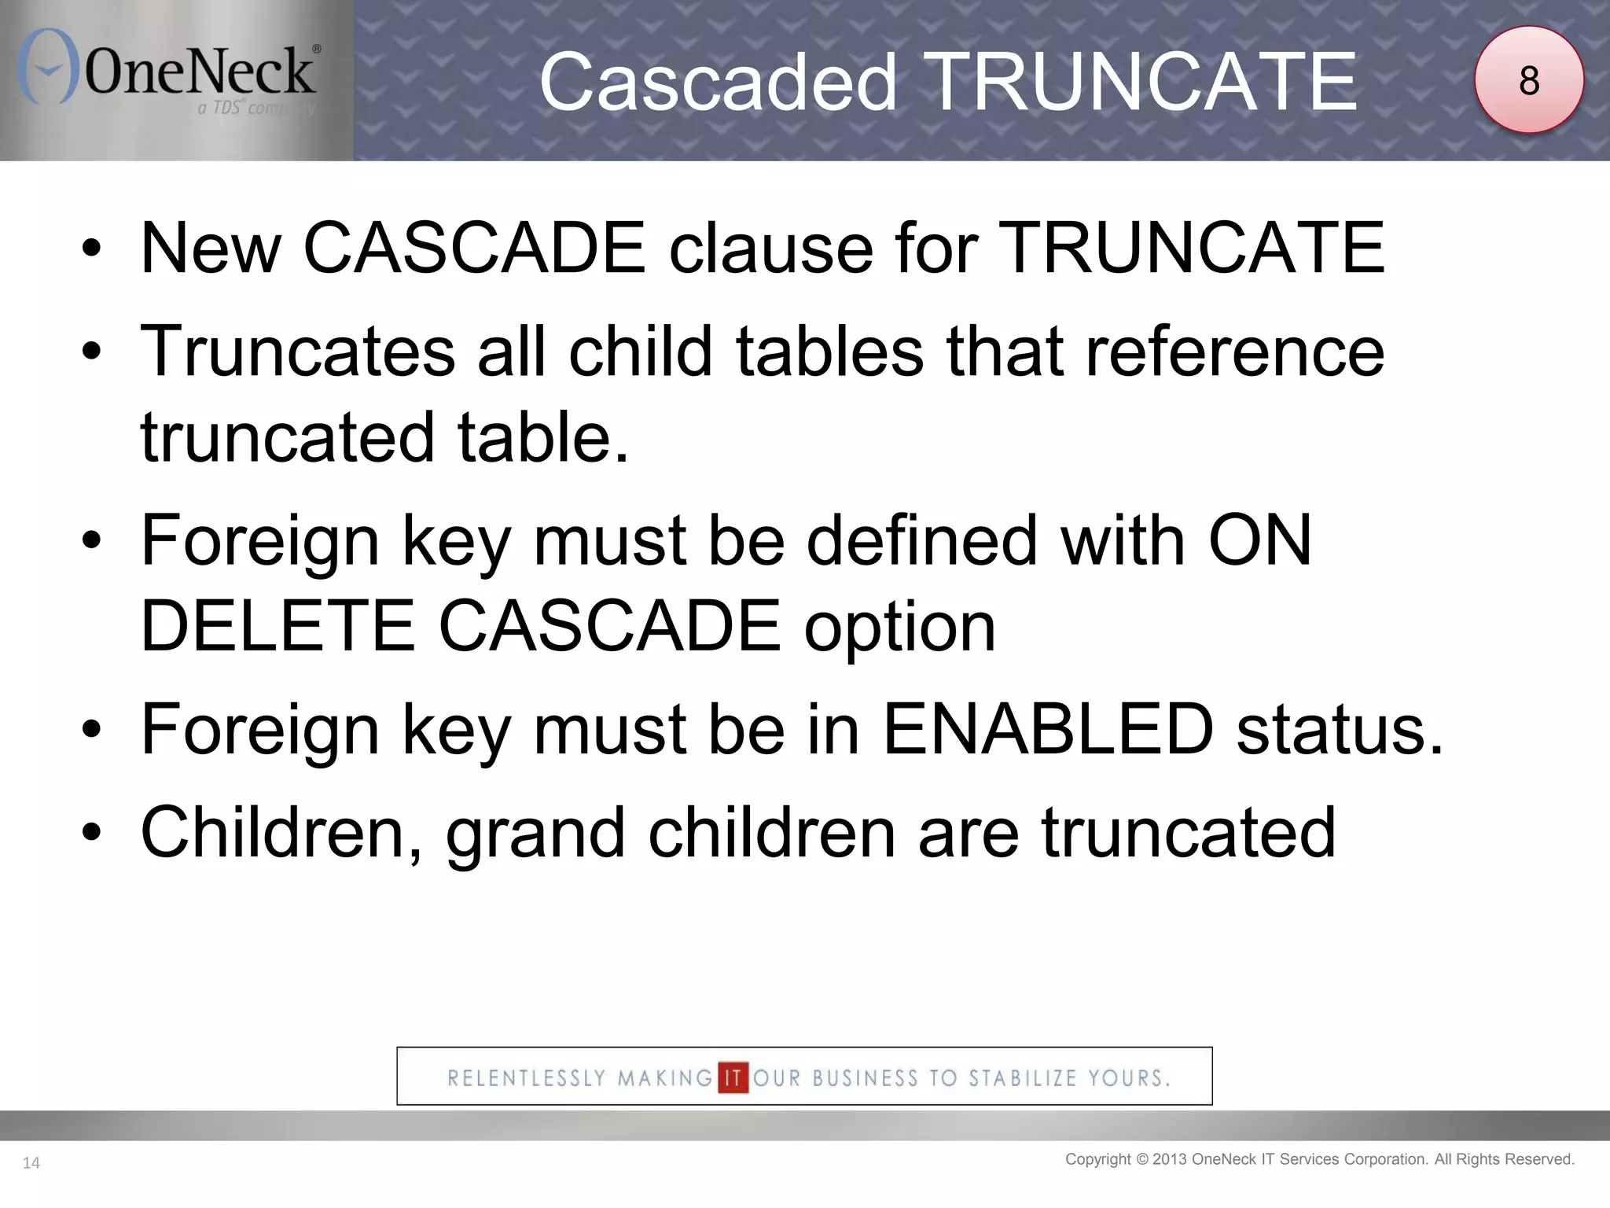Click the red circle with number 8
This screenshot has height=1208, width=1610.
(1528, 80)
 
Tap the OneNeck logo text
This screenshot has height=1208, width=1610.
(200, 71)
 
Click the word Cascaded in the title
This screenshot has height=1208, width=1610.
(718, 82)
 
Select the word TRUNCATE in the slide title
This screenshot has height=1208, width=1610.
(1144, 82)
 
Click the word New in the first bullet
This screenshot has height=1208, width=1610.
(211, 249)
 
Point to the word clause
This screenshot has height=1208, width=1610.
(770, 249)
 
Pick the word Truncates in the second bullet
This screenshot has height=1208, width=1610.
(298, 352)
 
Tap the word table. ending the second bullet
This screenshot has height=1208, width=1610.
(543, 437)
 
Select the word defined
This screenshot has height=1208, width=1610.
(922, 540)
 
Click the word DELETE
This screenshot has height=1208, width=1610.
(278, 626)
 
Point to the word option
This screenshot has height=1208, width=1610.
(899, 628)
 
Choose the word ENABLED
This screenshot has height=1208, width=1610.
(1048, 729)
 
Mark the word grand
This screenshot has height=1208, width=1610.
(535, 834)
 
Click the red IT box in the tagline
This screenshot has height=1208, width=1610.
(733, 1077)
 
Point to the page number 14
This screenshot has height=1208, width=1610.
(31, 1163)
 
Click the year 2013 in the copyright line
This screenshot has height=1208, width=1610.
(1170, 1159)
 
